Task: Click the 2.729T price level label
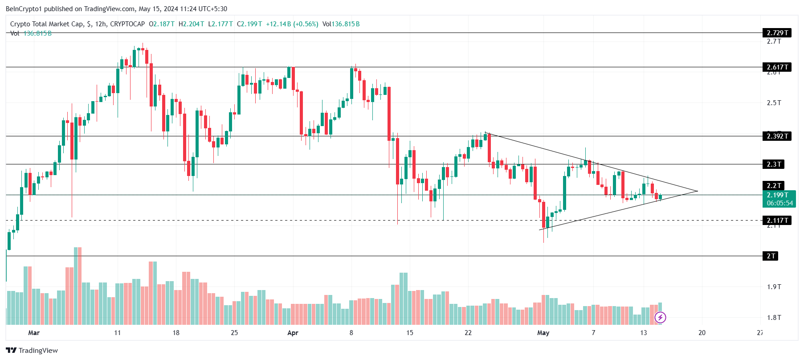tap(777, 33)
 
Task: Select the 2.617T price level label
tap(777, 67)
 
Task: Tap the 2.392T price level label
tap(777, 136)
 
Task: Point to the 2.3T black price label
tap(773, 164)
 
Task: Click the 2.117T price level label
tap(777, 221)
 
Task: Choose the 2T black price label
tap(771, 256)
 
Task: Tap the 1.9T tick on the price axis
tap(774, 287)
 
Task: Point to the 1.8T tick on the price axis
tap(774, 318)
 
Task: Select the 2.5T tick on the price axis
tap(774, 103)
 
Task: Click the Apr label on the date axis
tap(293, 333)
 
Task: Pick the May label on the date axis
tap(543, 333)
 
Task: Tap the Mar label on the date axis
tap(34, 333)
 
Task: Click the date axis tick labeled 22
tap(468, 333)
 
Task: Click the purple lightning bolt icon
tap(660, 317)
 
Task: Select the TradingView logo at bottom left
tap(32, 351)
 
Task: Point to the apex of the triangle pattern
tap(697, 191)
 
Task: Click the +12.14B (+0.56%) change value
tap(292, 24)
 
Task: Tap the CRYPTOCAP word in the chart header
tap(127, 24)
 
